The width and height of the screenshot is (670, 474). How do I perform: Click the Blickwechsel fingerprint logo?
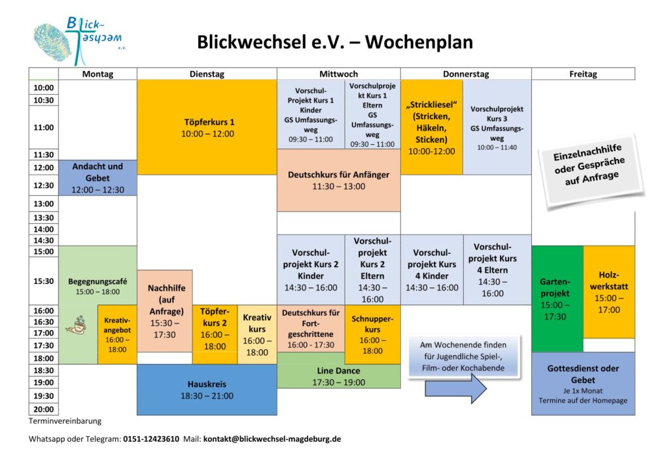click(x=79, y=40)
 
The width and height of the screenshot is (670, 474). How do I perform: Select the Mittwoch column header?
click(x=338, y=73)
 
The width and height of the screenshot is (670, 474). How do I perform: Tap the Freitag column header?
click(x=583, y=73)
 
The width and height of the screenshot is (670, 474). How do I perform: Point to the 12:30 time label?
click(x=44, y=185)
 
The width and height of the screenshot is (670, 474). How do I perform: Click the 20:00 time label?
click(x=44, y=409)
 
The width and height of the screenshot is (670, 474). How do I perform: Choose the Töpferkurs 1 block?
click(x=207, y=128)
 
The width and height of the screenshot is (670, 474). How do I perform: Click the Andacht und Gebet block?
click(x=97, y=178)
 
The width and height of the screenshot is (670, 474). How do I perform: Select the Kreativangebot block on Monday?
click(x=117, y=335)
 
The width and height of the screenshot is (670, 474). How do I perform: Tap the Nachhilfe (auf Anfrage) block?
click(x=165, y=311)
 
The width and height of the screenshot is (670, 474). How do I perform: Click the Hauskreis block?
click(x=207, y=390)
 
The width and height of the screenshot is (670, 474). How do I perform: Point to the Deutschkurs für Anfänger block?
click(x=338, y=180)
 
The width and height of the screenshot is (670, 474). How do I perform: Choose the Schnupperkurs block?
click(x=372, y=335)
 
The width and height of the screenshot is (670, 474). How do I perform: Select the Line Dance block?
click(x=338, y=376)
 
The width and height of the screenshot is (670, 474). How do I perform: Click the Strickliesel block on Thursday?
click(x=432, y=128)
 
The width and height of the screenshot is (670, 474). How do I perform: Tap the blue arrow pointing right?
click(x=456, y=388)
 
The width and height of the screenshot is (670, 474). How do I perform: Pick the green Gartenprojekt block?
click(x=557, y=299)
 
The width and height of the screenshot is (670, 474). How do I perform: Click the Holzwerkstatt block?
click(x=609, y=292)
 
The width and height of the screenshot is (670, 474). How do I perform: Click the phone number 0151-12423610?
click(x=151, y=439)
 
